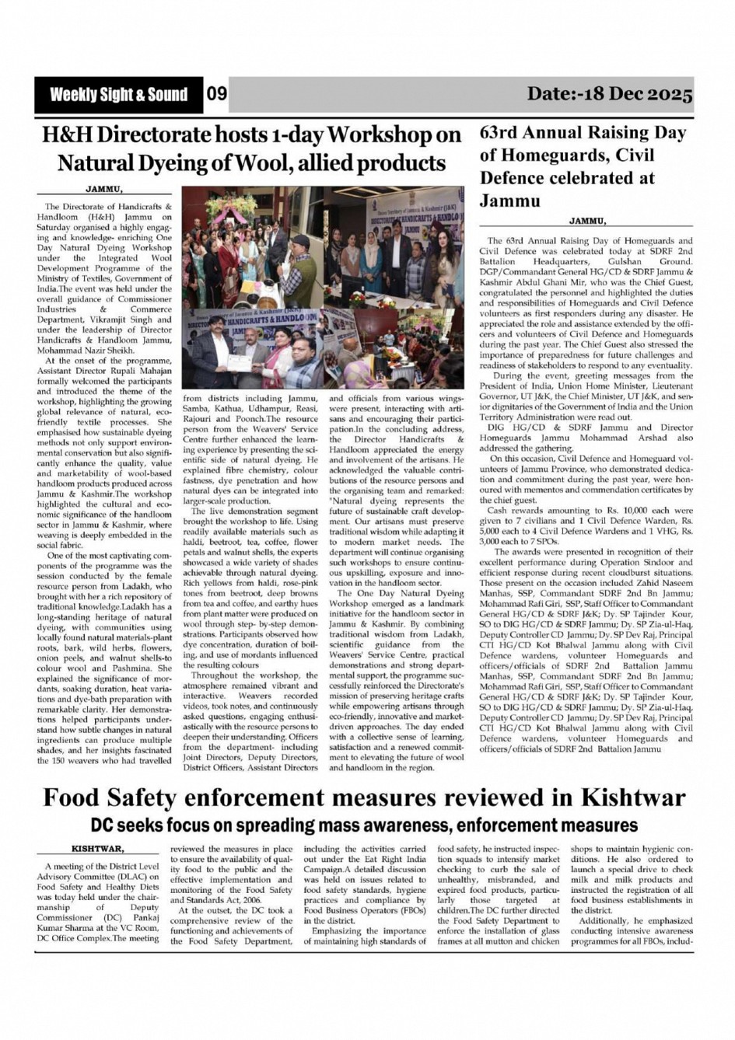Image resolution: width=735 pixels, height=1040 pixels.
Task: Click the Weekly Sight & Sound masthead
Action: (x=118, y=96)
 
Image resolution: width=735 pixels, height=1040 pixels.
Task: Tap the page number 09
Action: (x=217, y=95)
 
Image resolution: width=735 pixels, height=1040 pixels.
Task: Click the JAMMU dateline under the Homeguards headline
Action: (x=587, y=221)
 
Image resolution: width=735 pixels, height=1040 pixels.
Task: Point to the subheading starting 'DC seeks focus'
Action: (x=364, y=824)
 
